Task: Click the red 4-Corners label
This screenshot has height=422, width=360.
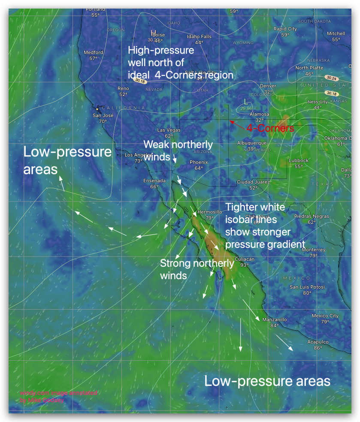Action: click(270, 128)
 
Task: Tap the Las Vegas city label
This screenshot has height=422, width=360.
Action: click(169, 130)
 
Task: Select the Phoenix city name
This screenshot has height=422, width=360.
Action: click(199, 162)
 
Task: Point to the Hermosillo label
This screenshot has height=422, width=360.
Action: click(210, 212)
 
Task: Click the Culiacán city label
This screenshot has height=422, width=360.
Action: click(245, 259)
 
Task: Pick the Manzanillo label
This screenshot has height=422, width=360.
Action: click(275, 320)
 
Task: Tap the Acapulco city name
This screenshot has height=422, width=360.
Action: click(318, 342)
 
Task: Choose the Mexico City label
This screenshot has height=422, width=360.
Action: click(325, 316)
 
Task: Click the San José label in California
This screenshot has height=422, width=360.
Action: click(103, 115)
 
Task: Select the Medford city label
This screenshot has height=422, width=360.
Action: click(93, 52)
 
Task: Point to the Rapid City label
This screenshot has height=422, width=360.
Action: click(285, 29)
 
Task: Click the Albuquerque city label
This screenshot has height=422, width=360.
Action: click(252, 143)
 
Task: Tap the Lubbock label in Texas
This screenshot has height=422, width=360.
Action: click(299, 160)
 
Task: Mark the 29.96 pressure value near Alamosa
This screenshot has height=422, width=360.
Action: click(246, 109)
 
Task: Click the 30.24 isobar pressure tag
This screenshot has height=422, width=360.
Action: click(331, 78)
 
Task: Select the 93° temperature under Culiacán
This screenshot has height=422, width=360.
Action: click(245, 265)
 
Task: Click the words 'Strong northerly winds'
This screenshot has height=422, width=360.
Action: click(197, 269)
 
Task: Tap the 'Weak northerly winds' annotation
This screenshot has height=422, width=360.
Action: click(178, 150)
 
